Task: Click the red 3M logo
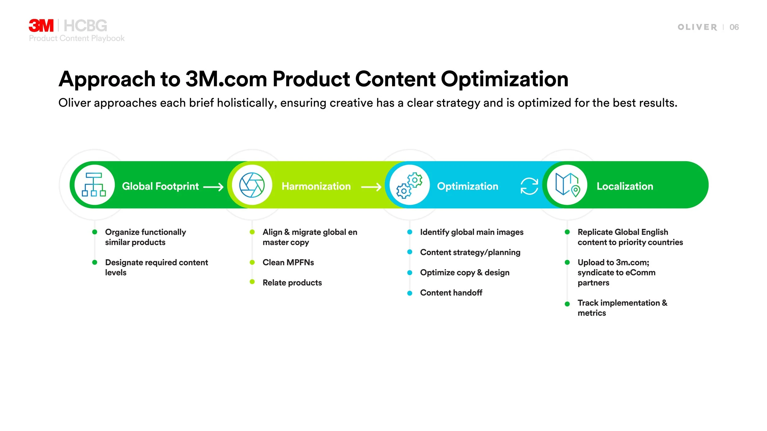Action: point(41,26)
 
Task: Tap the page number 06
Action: point(734,27)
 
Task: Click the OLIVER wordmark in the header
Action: point(697,27)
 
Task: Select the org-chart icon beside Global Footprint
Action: point(94,185)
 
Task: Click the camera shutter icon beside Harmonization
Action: point(252,185)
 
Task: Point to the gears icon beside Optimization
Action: point(409,185)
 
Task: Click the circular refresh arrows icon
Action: point(529,186)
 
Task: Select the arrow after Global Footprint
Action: point(213,187)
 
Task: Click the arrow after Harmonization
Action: point(371,187)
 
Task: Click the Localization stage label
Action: point(625,186)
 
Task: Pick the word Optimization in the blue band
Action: point(467,186)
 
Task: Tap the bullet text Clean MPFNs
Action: point(288,262)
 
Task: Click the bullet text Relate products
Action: point(292,283)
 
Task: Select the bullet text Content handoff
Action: point(451,293)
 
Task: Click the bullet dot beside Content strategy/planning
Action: point(410,252)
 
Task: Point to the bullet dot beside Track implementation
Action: point(567,304)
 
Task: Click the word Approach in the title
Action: point(107,79)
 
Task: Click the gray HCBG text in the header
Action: point(85,26)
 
